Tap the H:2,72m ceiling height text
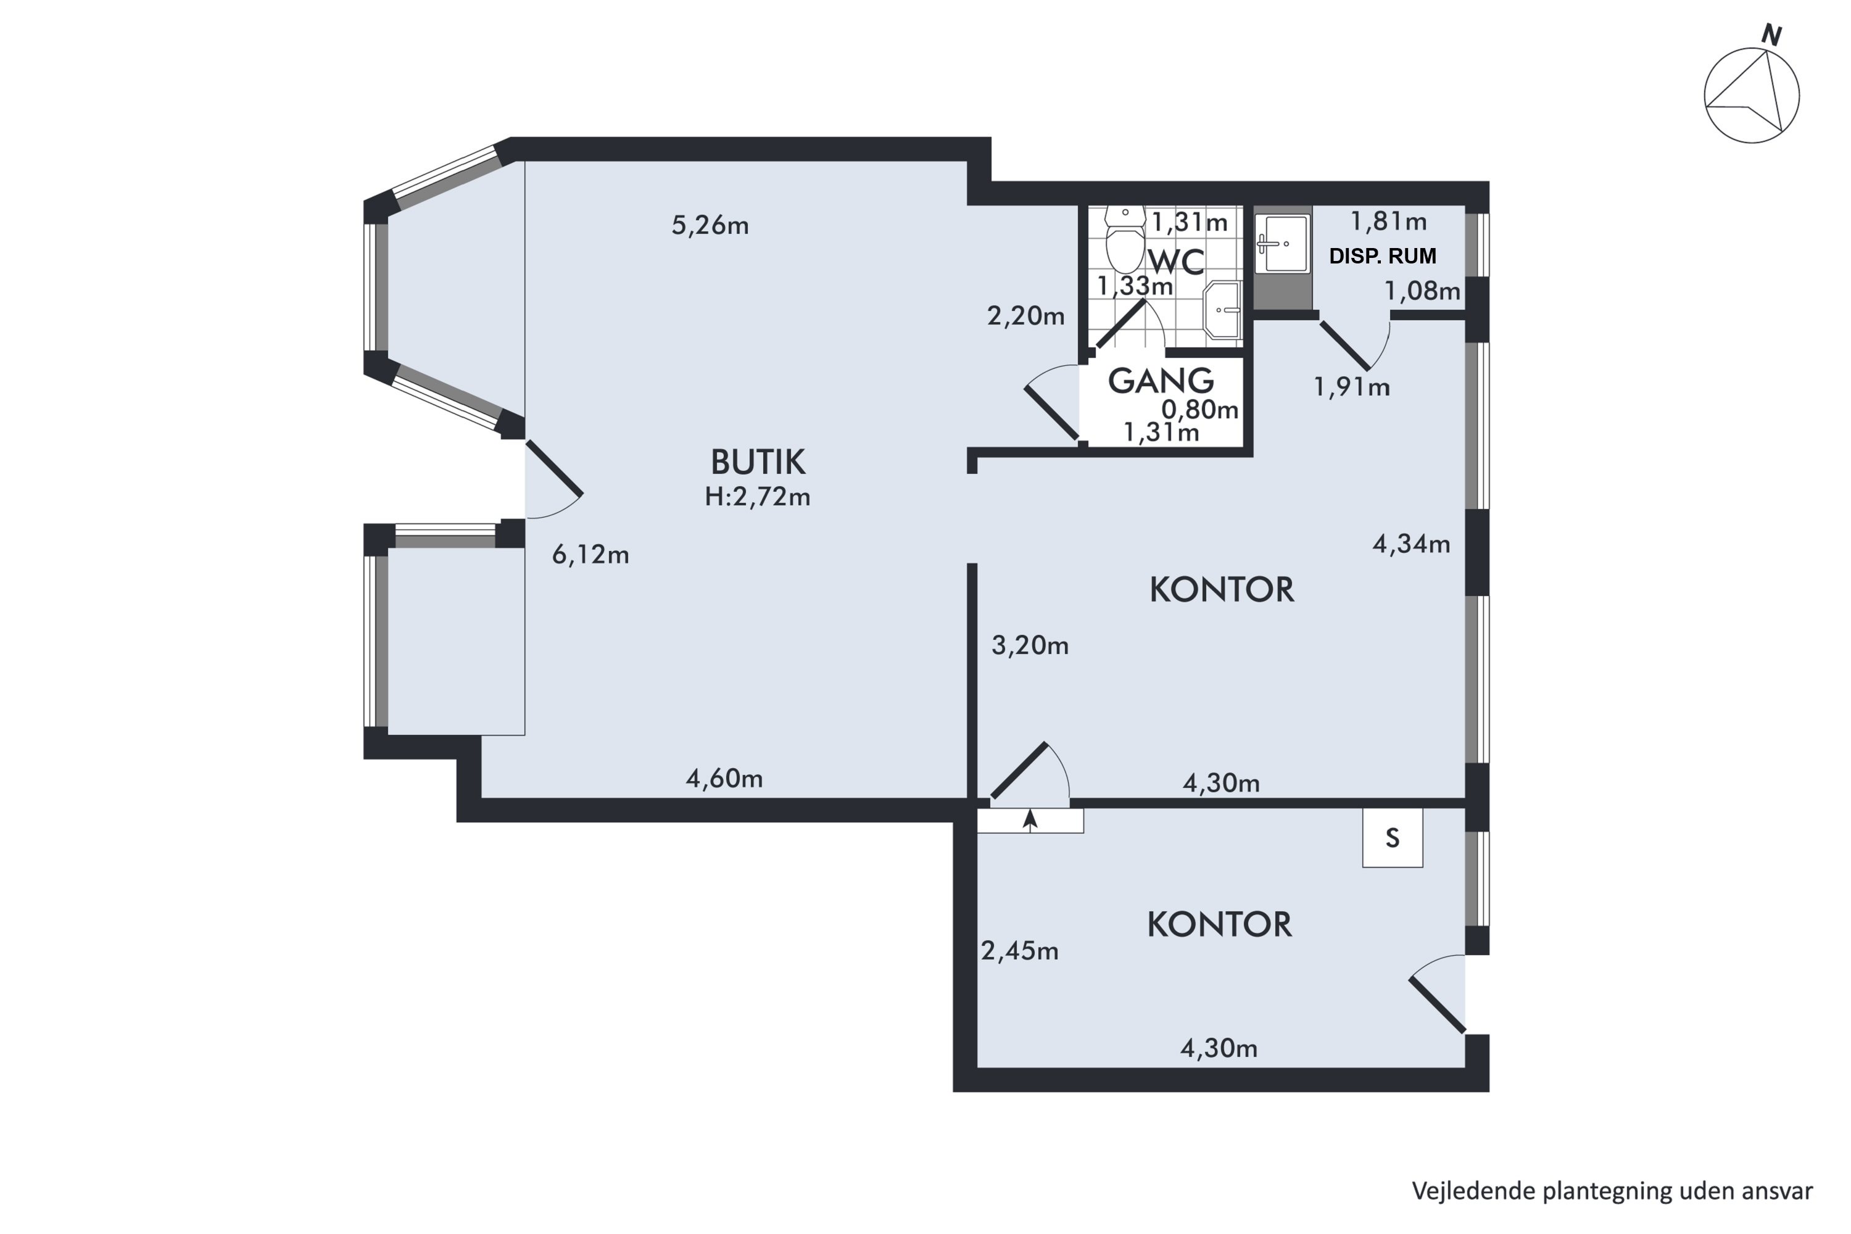point(757,497)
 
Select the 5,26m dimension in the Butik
point(710,226)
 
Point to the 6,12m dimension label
point(590,555)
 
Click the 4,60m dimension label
point(724,778)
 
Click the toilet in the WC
point(1125,238)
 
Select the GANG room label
point(1161,381)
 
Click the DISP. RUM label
point(1383,256)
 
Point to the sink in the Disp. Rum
point(1282,244)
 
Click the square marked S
point(1392,838)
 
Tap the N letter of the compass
point(1771,35)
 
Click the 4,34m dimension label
point(1411,544)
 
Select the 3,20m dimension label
point(1029,645)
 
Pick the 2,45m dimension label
point(1019,951)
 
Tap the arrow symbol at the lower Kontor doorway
point(1030,820)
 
